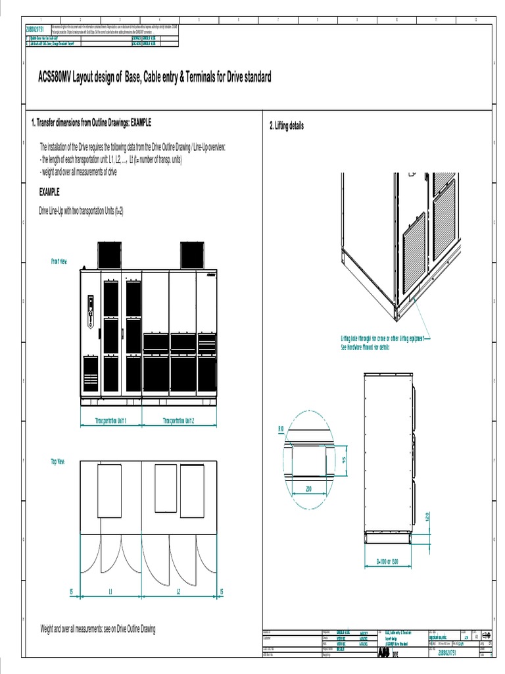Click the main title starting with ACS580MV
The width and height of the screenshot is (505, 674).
point(155,78)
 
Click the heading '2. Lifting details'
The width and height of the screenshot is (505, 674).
point(287,126)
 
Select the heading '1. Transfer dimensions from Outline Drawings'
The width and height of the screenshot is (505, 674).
point(91,122)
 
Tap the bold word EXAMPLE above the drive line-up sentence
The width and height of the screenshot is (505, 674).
point(50,192)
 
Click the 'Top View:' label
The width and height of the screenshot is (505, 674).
point(59,462)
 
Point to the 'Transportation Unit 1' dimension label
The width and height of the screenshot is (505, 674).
point(110,420)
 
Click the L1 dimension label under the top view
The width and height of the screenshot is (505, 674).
point(110,592)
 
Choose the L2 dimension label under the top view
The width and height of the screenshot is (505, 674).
point(178,592)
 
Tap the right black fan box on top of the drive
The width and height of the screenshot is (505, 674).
point(193,255)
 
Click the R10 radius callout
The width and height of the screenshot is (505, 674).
point(281,428)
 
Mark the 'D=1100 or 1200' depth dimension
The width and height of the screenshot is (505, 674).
point(388,562)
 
